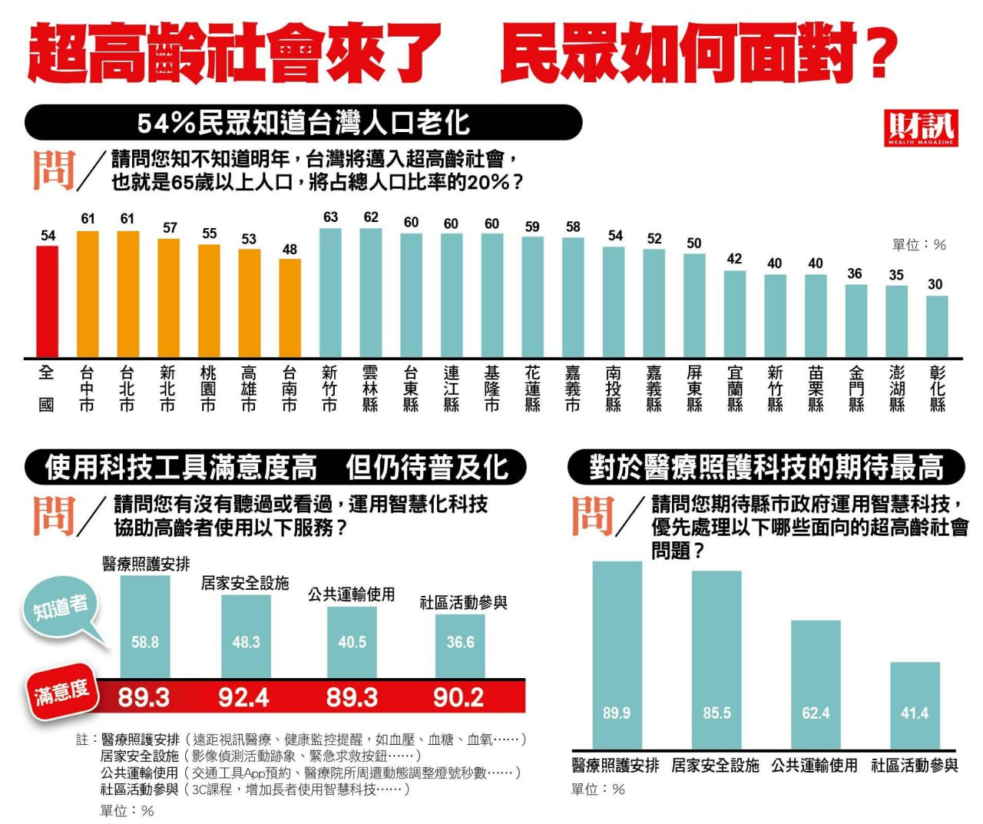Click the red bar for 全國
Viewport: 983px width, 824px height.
coord(48,301)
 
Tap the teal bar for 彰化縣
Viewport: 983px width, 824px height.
coord(936,326)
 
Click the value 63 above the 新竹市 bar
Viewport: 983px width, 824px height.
coord(330,217)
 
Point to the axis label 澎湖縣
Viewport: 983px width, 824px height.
coord(896,389)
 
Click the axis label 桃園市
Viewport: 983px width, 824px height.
coord(208,389)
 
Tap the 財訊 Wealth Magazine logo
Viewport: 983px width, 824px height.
coord(920,127)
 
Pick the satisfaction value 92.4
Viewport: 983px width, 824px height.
coord(243,697)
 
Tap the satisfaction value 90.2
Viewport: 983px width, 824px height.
coord(458,697)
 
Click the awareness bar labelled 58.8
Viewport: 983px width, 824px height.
coord(145,626)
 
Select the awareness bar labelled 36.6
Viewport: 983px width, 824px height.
coord(460,646)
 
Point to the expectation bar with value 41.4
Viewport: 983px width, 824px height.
coord(915,705)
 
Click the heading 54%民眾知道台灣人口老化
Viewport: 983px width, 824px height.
coord(303,123)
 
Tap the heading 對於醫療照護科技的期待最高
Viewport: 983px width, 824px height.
coord(766,467)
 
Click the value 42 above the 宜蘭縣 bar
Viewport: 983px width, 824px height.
coord(734,259)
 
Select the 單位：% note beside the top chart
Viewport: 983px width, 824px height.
coord(918,245)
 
